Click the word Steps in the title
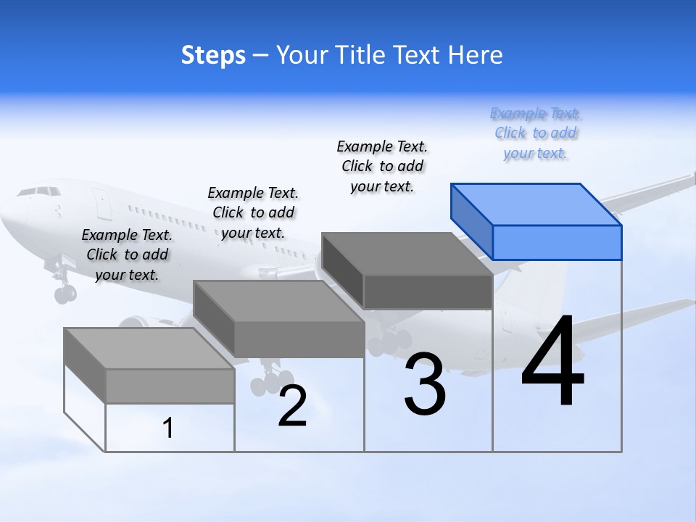pyautogui.click(x=213, y=55)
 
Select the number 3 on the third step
pyautogui.click(x=425, y=384)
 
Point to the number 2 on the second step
pyautogui.click(x=292, y=406)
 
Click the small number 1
pyautogui.click(x=167, y=428)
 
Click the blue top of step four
pyautogui.click(x=536, y=204)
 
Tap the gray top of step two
pyautogui.click(x=279, y=301)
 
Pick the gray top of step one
pyautogui.click(x=149, y=348)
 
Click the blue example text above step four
pyautogui.click(x=536, y=133)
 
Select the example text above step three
pyautogui.click(x=383, y=166)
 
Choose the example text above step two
pyautogui.click(x=253, y=212)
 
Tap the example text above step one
pyautogui.click(x=127, y=254)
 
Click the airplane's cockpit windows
pyautogui.click(x=40, y=191)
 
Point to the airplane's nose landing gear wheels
pyautogui.click(x=65, y=294)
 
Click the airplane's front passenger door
pyautogui.click(x=101, y=204)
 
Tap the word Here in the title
pyautogui.click(x=476, y=55)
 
